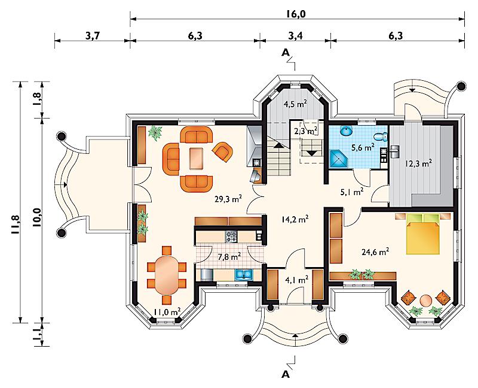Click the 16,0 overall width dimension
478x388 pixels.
click(x=296, y=14)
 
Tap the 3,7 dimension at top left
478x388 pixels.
click(x=93, y=36)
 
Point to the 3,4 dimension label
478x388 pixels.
click(x=295, y=36)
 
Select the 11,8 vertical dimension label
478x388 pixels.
click(x=16, y=225)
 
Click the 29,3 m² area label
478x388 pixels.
click(x=228, y=199)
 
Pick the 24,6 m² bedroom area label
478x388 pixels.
click(x=375, y=251)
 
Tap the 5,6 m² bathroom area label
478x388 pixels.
click(x=363, y=148)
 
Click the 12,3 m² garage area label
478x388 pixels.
click(x=418, y=163)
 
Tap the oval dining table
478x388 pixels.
click(x=167, y=275)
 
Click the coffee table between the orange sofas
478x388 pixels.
click(x=197, y=158)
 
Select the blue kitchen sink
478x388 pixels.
click(x=243, y=274)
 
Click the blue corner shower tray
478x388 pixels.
click(x=339, y=159)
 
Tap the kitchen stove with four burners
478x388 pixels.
click(x=231, y=237)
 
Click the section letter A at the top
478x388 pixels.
click(x=286, y=53)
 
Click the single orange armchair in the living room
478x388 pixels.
click(x=222, y=151)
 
